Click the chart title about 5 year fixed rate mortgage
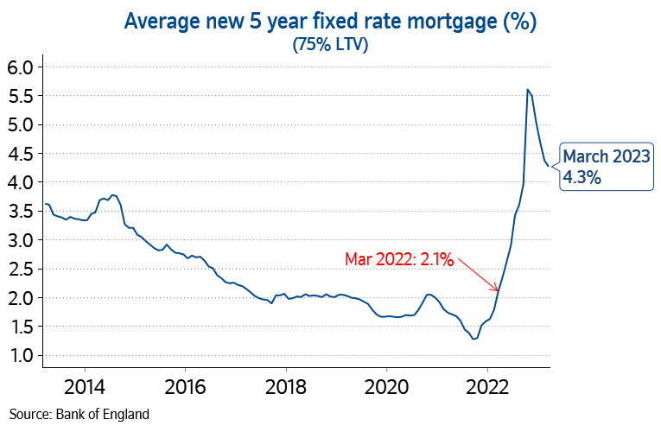330,22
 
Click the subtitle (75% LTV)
330,45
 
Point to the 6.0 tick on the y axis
20,67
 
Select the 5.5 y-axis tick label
20,96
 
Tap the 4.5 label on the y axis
20,154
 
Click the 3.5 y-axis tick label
20,212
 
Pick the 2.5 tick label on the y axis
20,270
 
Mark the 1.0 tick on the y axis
20,356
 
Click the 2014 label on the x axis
85,385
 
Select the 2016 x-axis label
186,385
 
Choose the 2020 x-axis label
387,385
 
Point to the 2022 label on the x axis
488,385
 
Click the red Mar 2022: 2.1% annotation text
398,258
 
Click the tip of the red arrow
499,290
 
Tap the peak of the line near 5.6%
527,89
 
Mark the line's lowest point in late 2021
474,339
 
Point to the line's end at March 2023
549,164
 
